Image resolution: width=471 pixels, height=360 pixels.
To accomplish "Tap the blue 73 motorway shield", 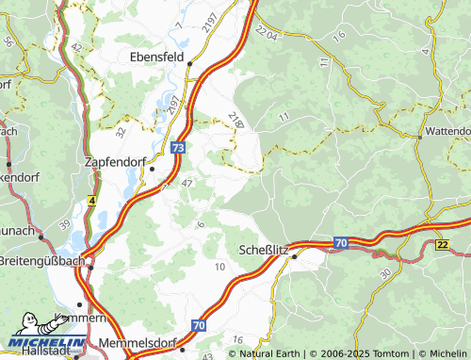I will coord(179,148).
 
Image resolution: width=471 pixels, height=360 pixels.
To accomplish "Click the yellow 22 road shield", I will coord(442,245).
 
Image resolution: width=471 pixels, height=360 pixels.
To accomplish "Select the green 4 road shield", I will coord(92,200).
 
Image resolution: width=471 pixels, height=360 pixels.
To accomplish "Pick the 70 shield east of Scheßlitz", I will coord(340,242).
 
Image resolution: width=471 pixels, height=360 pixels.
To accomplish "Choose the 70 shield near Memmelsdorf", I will coord(199,325).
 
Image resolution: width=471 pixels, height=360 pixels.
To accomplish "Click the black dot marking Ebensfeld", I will coord(189,64).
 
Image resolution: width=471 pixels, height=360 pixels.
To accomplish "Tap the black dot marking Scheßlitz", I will coord(294,255).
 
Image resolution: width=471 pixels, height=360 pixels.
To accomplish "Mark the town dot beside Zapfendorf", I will coord(152,169).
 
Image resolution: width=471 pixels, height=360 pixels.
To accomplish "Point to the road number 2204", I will coord(269,35).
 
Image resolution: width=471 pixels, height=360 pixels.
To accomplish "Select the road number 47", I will coord(187,184).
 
